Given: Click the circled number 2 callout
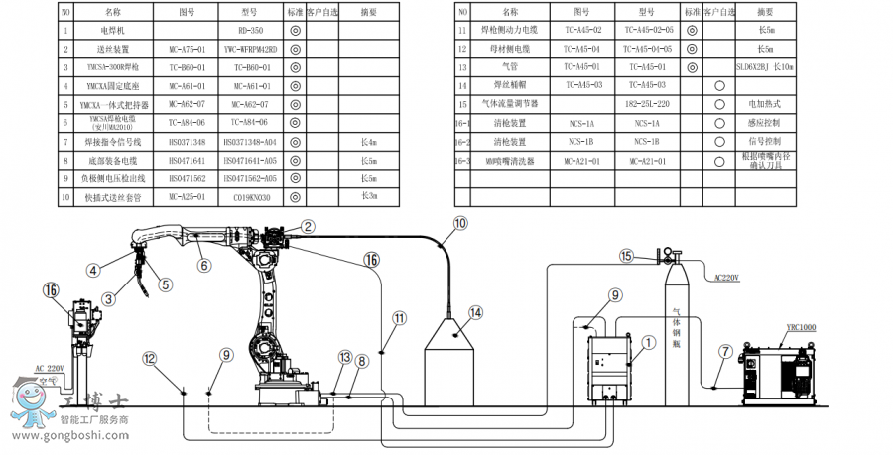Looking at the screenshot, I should (308, 227).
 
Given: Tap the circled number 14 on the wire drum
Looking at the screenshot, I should (475, 312).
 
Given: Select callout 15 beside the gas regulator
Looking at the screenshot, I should (627, 257).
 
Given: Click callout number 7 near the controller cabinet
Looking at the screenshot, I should (725, 351).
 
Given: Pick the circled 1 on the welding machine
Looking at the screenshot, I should (649, 342).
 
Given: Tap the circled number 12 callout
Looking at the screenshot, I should (149, 357).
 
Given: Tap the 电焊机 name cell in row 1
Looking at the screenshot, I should (112, 30).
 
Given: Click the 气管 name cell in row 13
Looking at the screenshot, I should (510, 65).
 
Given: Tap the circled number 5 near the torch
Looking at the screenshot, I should (166, 284).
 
